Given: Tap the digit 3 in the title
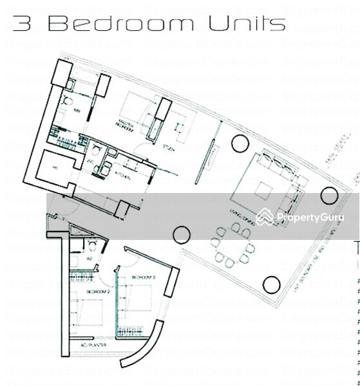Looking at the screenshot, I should pyautogui.click(x=23, y=24).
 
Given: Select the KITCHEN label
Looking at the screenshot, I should pyautogui.click(x=124, y=175).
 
